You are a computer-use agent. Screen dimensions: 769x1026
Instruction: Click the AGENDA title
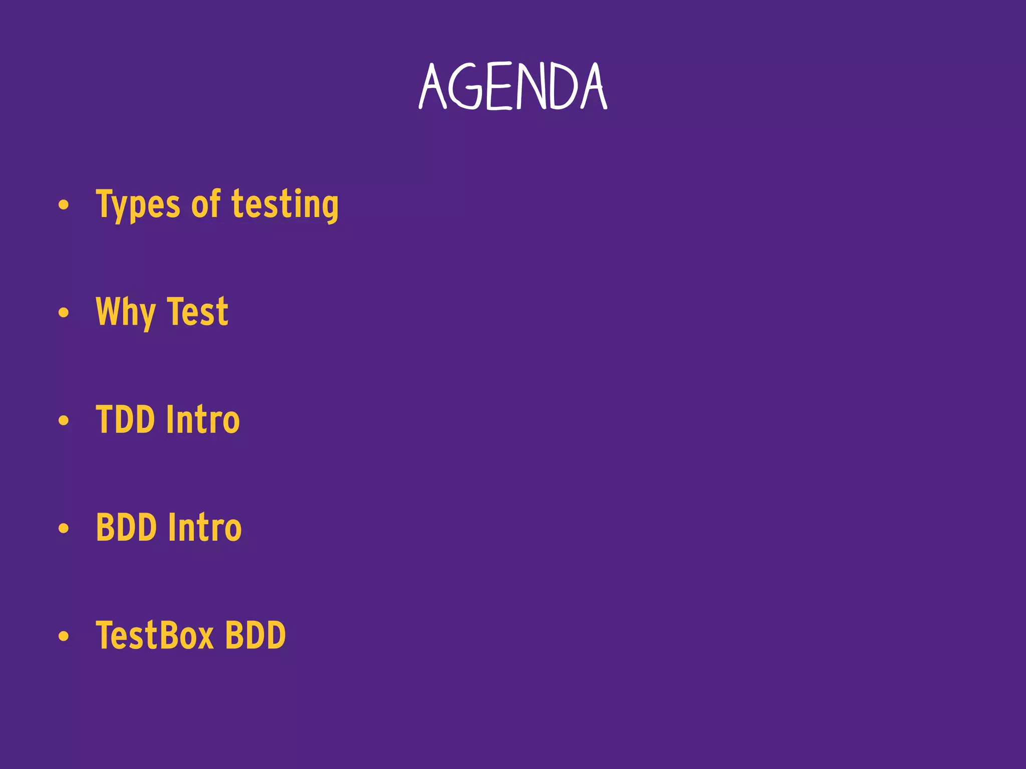click(513, 87)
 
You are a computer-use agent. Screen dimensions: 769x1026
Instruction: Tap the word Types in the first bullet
click(138, 204)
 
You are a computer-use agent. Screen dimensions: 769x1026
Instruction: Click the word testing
click(285, 204)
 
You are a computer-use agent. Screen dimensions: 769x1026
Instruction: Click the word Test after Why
click(197, 311)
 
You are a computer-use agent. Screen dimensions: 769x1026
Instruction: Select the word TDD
click(125, 420)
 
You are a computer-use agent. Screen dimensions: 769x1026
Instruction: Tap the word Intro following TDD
click(203, 420)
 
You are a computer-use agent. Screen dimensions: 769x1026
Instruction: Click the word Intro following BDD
click(204, 527)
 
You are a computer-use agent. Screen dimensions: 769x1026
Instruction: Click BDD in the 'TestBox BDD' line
click(255, 635)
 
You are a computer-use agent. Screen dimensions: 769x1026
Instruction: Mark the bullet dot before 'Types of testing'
click(63, 205)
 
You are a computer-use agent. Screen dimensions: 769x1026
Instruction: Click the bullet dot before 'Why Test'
click(63, 313)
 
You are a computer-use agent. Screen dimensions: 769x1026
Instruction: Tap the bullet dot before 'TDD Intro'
click(63, 421)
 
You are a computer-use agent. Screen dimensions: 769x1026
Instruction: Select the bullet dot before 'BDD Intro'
click(63, 528)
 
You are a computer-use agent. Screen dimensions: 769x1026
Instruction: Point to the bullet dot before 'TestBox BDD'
click(63, 636)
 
